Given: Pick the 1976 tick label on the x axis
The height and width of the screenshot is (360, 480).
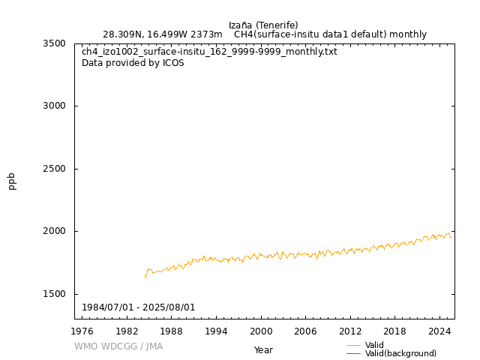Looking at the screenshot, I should pos(82,331).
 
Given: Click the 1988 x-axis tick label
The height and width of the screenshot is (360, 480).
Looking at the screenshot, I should pos(172,331).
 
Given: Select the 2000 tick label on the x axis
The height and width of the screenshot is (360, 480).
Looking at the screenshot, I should pos(261,331).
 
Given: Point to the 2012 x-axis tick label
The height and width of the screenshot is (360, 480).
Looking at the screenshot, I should pos(350,331).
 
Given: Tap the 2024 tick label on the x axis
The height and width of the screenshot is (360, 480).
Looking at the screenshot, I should pos(439,331).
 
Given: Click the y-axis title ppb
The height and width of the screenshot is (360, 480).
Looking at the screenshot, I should pos(12,181).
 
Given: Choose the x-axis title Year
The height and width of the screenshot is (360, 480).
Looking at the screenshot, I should pos(263,349).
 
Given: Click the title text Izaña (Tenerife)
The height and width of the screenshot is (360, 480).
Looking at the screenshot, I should pos(263,25).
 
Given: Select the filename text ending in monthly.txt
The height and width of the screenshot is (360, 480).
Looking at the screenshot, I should pos(209,52).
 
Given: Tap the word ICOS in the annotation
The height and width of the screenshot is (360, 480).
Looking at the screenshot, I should pos(172,63).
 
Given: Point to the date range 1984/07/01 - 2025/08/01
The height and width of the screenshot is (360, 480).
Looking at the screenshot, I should pos(139,307).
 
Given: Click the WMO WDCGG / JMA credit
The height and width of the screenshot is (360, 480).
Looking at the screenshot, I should pos(118,346).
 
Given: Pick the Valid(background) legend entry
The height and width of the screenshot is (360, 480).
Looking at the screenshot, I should pos(400,353).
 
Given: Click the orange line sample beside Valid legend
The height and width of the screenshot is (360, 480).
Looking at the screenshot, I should pos(354,345).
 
